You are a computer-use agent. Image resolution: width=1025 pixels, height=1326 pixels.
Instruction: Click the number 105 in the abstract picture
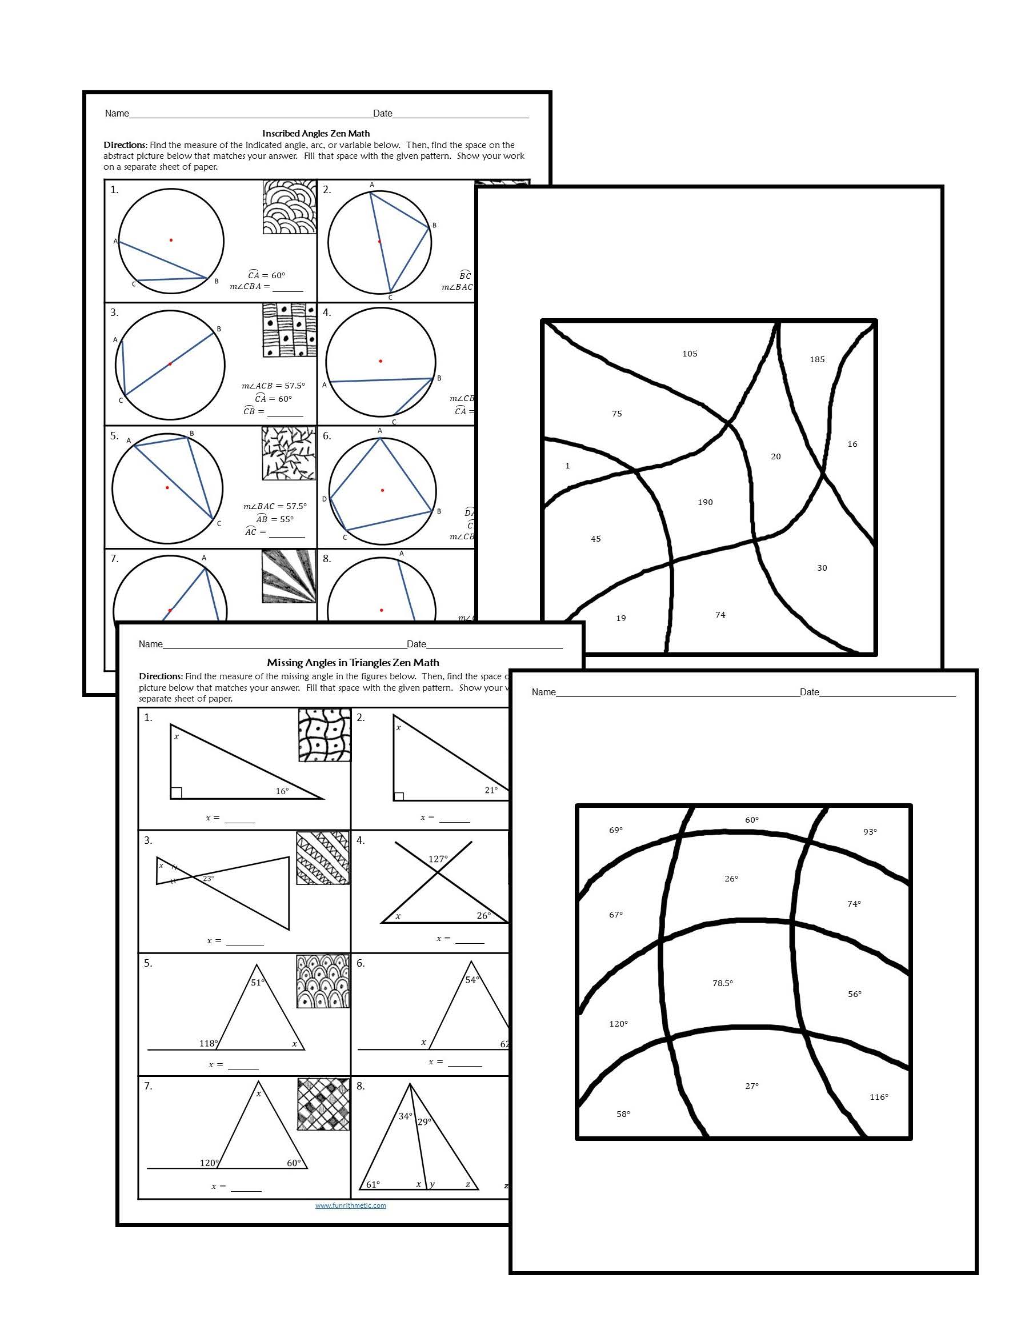[690, 354]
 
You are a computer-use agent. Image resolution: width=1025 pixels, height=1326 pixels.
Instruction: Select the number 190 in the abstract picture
[705, 502]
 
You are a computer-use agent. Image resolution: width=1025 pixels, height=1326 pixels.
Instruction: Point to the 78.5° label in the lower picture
[723, 983]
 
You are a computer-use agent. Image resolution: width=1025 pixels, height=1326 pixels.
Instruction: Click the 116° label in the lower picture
[879, 1096]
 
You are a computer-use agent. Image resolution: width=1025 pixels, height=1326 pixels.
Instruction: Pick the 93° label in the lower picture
[870, 831]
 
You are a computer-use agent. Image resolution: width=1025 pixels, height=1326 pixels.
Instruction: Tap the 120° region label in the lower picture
[618, 1024]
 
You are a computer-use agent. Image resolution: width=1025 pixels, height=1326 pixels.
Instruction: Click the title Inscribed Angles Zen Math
[316, 133]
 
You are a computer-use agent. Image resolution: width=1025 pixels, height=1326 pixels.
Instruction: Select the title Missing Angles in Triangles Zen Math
[353, 662]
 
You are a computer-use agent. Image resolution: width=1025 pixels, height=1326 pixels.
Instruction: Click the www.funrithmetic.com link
[350, 1205]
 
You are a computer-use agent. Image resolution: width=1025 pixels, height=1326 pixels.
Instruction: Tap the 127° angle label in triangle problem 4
[438, 859]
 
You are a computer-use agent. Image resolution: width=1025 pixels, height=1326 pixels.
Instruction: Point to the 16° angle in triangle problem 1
[282, 791]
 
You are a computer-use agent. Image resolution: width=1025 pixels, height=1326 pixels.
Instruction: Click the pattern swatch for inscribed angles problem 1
[290, 206]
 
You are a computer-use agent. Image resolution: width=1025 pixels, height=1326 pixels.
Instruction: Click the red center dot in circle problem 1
[171, 240]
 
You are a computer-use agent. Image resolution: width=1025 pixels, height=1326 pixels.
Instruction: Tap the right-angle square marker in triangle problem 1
[176, 792]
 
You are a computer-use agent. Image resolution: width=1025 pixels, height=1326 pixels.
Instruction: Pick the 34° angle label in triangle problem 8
[405, 1116]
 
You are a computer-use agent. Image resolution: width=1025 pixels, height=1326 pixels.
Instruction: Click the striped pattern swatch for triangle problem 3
[322, 858]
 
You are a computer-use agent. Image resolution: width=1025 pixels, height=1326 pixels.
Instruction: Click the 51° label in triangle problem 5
[258, 982]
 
